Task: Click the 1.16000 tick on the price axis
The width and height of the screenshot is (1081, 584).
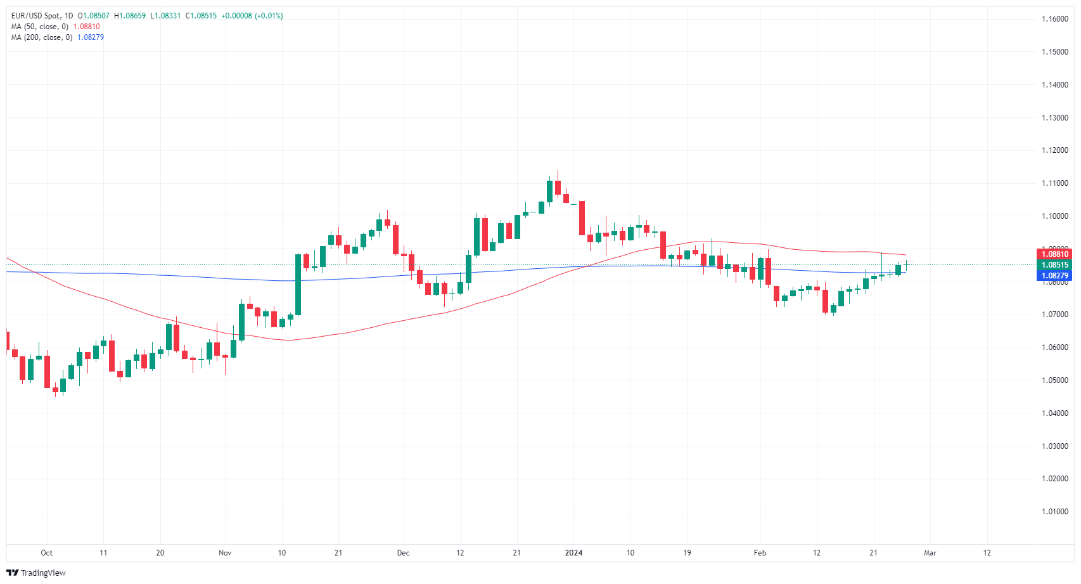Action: (1055, 19)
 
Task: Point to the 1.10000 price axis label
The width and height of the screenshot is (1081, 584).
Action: (1055, 216)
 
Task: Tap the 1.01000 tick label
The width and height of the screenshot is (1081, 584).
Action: (1055, 512)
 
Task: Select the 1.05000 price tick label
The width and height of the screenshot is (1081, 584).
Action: (1055, 380)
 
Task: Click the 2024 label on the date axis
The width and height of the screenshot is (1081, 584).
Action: (573, 553)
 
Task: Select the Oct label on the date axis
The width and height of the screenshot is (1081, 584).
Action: (46, 553)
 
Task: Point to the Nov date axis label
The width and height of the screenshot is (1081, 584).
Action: (225, 553)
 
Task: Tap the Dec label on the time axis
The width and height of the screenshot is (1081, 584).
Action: (403, 553)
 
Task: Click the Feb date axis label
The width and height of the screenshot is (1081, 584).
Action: (760, 553)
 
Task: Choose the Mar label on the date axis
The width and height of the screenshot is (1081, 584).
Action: (930, 553)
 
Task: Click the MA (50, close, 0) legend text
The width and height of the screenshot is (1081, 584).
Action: (40, 27)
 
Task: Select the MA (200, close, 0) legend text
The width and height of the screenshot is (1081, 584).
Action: (42, 37)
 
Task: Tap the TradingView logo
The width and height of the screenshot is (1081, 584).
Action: (36, 573)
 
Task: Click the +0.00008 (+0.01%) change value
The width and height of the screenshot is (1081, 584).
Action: (252, 16)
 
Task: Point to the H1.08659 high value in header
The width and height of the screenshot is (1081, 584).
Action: (130, 16)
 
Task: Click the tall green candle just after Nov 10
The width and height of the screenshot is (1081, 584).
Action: (298, 285)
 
